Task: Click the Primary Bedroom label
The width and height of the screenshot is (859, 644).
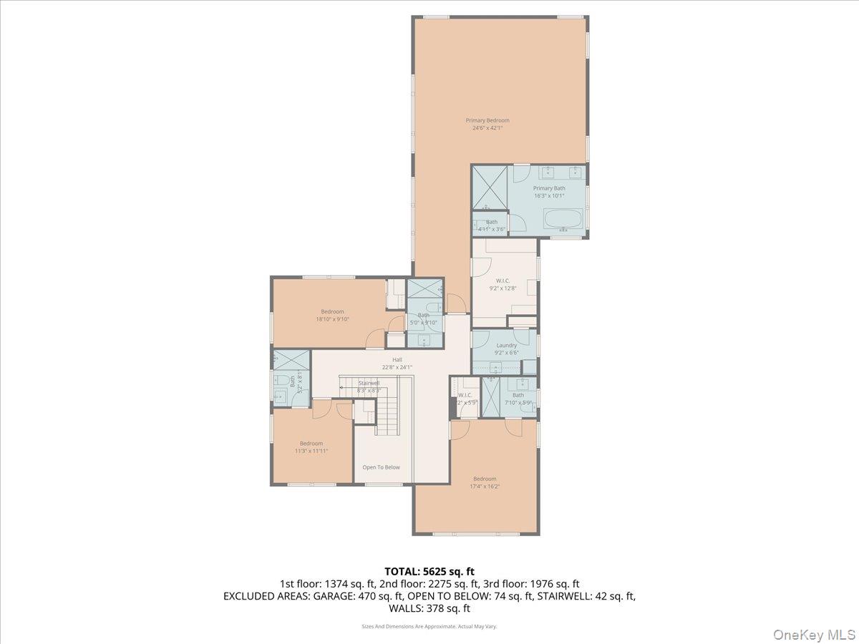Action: (x=487, y=120)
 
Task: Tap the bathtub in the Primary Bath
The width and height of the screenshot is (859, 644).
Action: (x=563, y=219)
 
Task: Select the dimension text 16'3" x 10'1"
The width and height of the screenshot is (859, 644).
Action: (x=549, y=195)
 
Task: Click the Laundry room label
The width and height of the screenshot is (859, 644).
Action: (x=505, y=346)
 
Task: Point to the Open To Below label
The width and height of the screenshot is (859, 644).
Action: (x=381, y=467)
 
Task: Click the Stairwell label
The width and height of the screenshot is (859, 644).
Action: (x=369, y=383)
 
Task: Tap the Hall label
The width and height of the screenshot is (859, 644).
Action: (x=397, y=360)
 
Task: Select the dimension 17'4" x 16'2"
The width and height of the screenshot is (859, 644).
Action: (x=484, y=487)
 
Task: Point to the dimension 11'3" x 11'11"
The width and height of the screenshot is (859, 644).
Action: (x=311, y=451)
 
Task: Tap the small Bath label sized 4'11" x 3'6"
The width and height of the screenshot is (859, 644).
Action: (x=491, y=222)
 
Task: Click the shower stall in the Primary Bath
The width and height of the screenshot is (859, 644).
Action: (x=490, y=187)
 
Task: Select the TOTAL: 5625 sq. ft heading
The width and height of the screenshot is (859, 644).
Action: (x=429, y=571)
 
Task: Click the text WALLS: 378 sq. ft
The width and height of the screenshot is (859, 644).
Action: (x=429, y=609)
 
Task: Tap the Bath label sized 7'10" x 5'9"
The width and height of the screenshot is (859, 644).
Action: (x=518, y=395)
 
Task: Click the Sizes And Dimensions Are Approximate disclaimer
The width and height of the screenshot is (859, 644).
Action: (x=429, y=626)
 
